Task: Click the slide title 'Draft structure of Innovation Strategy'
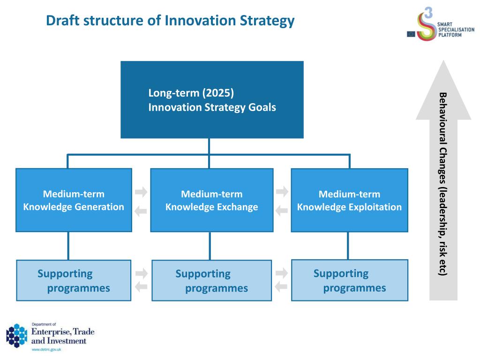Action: point(170,21)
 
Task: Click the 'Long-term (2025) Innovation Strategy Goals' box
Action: point(212,100)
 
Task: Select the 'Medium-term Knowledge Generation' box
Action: point(74,200)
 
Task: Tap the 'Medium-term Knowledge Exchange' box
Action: point(211,200)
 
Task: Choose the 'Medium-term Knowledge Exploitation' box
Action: point(349,200)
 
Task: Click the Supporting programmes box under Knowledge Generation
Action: point(74,280)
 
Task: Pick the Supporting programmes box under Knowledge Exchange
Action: point(211,280)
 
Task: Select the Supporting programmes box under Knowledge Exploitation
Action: point(350,280)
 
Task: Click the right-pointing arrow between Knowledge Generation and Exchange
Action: point(141,192)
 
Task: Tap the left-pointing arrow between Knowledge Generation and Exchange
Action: point(141,211)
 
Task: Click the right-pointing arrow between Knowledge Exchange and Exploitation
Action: point(282,192)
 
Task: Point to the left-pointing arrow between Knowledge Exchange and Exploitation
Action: point(282,210)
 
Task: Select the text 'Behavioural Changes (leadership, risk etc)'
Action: point(443,184)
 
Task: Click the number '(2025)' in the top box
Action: point(218,93)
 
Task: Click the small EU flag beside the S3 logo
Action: point(411,34)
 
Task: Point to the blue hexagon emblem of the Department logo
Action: point(17,336)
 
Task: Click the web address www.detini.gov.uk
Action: point(46,349)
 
